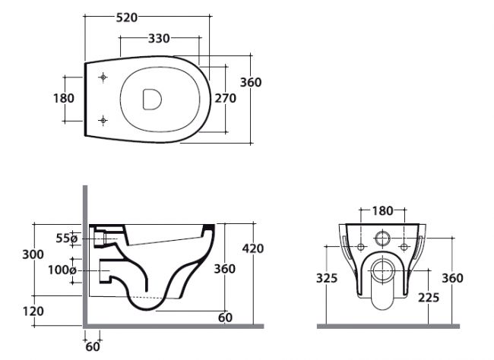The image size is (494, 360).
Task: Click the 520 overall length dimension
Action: point(127,18)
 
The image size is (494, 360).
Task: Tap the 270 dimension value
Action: point(223,98)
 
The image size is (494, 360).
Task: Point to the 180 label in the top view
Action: point(64,98)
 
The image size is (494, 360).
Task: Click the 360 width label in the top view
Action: point(250,82)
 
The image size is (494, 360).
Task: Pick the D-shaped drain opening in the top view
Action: point(153,98)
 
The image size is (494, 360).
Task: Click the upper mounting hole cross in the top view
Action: point(103,77)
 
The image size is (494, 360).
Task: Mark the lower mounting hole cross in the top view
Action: point(103,118)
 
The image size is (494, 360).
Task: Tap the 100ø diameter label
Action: point(62,270)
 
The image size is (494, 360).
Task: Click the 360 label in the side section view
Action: point(223,269)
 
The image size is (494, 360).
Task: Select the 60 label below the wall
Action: point(92,347)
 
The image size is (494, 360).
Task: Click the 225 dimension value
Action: point(429,298)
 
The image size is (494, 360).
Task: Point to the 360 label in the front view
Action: point(452,278)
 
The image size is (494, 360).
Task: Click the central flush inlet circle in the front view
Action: point(383,238)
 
